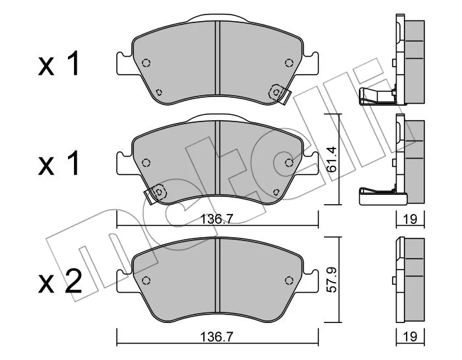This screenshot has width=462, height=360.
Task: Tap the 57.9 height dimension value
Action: tap(332, 279)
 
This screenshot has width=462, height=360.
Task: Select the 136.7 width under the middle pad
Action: tap(216, 219)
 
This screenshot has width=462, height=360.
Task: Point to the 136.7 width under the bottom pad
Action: tap(216, 337)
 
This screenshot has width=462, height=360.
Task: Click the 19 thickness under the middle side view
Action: tap(410, 219)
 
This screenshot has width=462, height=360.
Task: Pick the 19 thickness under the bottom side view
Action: tap(410, 337)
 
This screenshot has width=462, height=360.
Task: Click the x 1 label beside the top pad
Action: tap(59, 63)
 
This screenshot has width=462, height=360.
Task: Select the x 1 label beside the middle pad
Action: tap(59, 163)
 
